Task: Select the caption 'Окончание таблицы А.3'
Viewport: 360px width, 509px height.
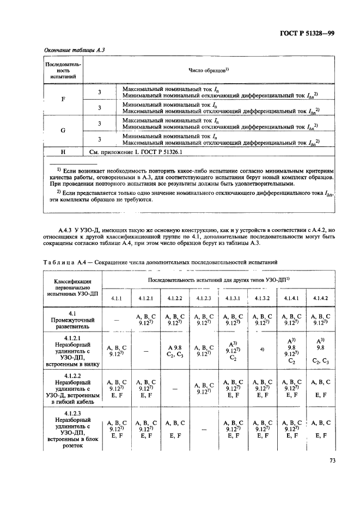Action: (x=74, y=50)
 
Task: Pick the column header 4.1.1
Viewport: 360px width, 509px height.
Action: (x=117, y=298)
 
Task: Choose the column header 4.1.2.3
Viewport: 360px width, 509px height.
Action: (x=203, y=298)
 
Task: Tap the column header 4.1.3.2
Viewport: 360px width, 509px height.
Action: (x=260, y=298)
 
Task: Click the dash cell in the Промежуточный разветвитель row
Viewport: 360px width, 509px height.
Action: (x=117, y=321)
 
